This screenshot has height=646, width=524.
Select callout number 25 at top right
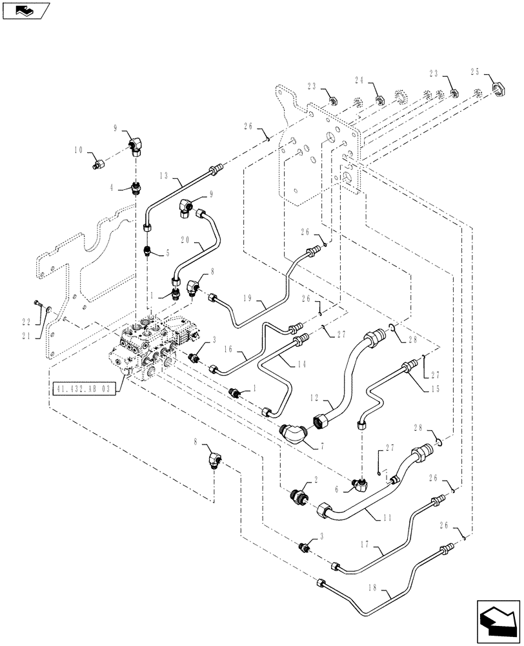coord(476,72)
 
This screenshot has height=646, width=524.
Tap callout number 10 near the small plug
coord(78,150)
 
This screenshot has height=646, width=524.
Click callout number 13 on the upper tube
coord(163,176)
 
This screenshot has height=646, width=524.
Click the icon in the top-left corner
coord(26,10)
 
